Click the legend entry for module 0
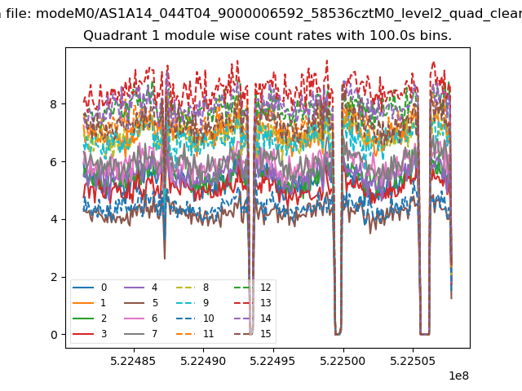90,288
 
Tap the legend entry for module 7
141,333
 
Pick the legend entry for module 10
195,319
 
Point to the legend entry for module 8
192,288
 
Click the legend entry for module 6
141,319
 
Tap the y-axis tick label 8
53,104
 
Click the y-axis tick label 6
53,162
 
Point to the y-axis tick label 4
53,219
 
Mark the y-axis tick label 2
53,277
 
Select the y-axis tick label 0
53,335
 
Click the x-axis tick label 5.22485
133,361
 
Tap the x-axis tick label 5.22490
203,361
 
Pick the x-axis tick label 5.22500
343,361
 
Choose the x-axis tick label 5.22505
413,361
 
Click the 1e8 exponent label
458,376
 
